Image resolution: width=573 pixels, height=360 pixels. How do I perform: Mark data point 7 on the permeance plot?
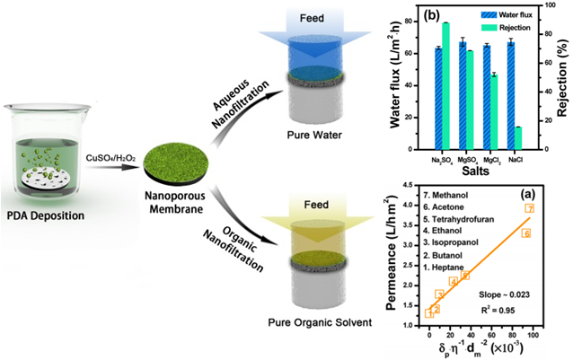530,208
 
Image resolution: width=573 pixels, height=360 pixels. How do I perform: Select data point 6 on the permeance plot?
526,233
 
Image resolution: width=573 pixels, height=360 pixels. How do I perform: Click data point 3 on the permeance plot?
439,294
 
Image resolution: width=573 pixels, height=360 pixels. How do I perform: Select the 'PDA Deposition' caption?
46,215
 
